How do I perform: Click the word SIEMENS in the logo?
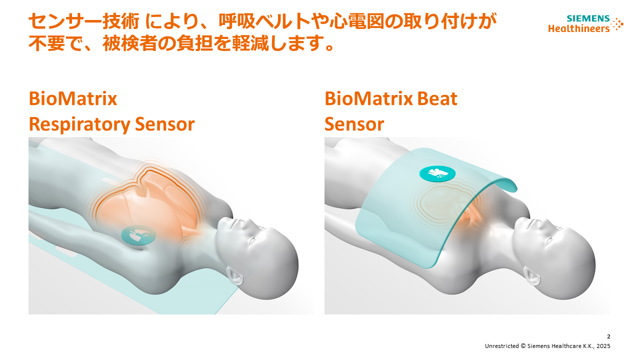[588, 19]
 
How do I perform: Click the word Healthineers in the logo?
[578, 28]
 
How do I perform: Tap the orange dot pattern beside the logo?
[617, 24]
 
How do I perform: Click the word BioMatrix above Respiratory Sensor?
[73, 98]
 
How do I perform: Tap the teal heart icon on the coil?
[437, 173]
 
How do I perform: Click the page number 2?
[608, 336]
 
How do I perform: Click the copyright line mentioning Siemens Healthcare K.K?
[547, 346]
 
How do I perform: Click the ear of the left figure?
[234, 274]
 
